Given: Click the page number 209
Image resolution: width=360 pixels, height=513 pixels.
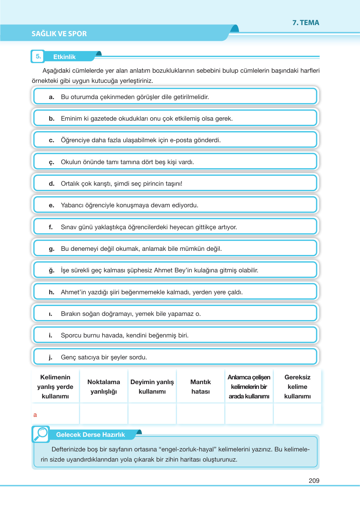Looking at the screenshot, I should [x=314, y=481].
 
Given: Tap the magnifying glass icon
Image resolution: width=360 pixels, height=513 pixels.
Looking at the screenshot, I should [x=41, y=434].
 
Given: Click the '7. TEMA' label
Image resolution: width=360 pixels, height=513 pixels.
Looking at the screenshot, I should [x=306, y=23].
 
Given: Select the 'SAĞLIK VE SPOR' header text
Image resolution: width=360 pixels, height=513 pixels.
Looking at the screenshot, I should [x=59, y=34].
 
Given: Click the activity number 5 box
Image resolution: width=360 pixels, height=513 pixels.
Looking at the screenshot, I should [x=38, y=57].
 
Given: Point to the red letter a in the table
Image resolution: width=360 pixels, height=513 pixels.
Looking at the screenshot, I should [x=35, y=415].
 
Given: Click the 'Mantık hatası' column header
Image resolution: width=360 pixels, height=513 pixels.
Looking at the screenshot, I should [x=201, y=387].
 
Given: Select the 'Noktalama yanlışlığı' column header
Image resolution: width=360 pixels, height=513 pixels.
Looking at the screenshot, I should [x=104, y=387].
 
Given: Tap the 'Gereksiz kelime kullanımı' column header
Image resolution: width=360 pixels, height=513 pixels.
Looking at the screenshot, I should [x=297, y=387].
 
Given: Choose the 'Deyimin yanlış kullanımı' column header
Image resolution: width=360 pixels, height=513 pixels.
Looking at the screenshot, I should [x=152, y=387].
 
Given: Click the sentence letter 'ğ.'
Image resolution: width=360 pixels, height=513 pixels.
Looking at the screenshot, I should [x=51, y=270].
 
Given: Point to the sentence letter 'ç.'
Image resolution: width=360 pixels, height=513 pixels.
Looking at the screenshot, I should [x=51, y=162].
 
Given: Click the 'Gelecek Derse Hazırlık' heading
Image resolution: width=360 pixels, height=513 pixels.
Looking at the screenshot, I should [x=90, y=435].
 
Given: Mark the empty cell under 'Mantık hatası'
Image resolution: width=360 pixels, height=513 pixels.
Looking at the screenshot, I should [x=201, y=414].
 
